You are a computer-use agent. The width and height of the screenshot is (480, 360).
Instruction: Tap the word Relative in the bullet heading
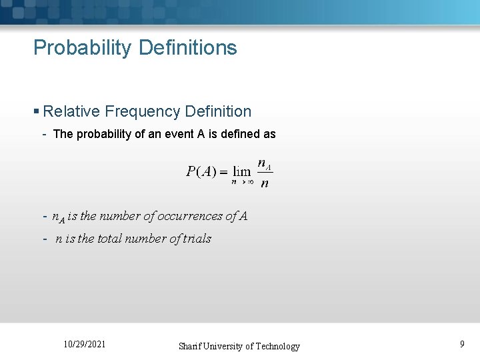(x=71, y=111)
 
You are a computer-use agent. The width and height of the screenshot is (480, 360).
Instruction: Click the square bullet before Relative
(x=37, y=112)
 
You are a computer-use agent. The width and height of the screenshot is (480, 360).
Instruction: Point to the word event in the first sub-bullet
(x=177, y=134)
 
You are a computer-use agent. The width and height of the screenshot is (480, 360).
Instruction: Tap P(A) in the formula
(x=201, y=171)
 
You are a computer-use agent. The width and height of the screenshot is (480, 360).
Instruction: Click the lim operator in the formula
(x=241, y=171)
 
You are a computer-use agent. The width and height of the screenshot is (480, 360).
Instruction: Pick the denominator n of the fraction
(x=265, y=183)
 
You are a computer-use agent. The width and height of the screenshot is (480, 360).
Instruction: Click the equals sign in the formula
(x=223, y=172)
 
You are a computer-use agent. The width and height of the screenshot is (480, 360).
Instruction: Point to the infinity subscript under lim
(x=250, y=181)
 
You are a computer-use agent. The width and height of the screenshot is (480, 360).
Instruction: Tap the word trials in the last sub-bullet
(x=197, y=239)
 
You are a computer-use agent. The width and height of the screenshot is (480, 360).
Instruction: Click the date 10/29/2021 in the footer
(x=84, y=345)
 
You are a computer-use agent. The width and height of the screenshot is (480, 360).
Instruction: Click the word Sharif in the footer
(x=191, y=346)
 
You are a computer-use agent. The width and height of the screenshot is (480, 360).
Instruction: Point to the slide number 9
(x=462, y=345)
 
